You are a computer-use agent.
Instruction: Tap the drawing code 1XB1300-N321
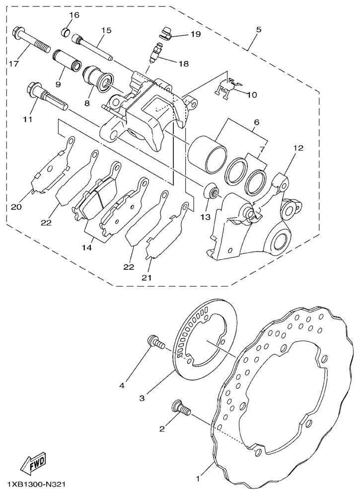(36, 484)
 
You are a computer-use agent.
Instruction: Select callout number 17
(13, 64)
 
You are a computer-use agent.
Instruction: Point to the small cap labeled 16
(66, 32)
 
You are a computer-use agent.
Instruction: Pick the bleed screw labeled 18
(156, 53)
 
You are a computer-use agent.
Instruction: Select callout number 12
(299, 148)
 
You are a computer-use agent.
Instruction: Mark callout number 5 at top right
(258, 30)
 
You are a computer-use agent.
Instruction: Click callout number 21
(147, 278)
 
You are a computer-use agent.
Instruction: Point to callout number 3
(142, 398)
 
